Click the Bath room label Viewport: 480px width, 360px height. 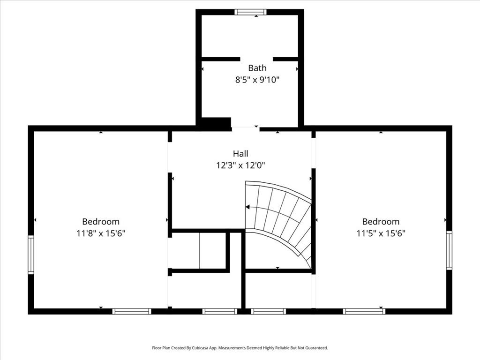(x=257, y=67)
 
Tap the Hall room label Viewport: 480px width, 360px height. (x=240, y=153)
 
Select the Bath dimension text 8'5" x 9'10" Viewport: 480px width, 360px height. (x=257, y=80)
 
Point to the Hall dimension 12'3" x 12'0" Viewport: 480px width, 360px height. (x=240, y=165)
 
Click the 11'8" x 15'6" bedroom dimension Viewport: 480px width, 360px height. (x=101, y=233)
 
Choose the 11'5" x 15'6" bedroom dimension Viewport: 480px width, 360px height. (x=381, y=233)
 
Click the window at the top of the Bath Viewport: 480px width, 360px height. (x=250, y=12)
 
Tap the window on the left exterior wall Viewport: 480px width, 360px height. (x=31, y=255)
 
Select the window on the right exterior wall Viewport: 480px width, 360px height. (x=449, y=250)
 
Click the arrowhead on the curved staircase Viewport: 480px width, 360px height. (x=247, y=207)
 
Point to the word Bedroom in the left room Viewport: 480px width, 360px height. (x=101, y=221)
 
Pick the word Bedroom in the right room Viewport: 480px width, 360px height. (x=381, y=221)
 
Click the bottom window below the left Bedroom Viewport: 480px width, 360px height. (x=132, y=311)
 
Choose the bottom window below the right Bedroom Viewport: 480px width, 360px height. (x=364, y=311)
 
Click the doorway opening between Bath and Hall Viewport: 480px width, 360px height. (x=246, y=128)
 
